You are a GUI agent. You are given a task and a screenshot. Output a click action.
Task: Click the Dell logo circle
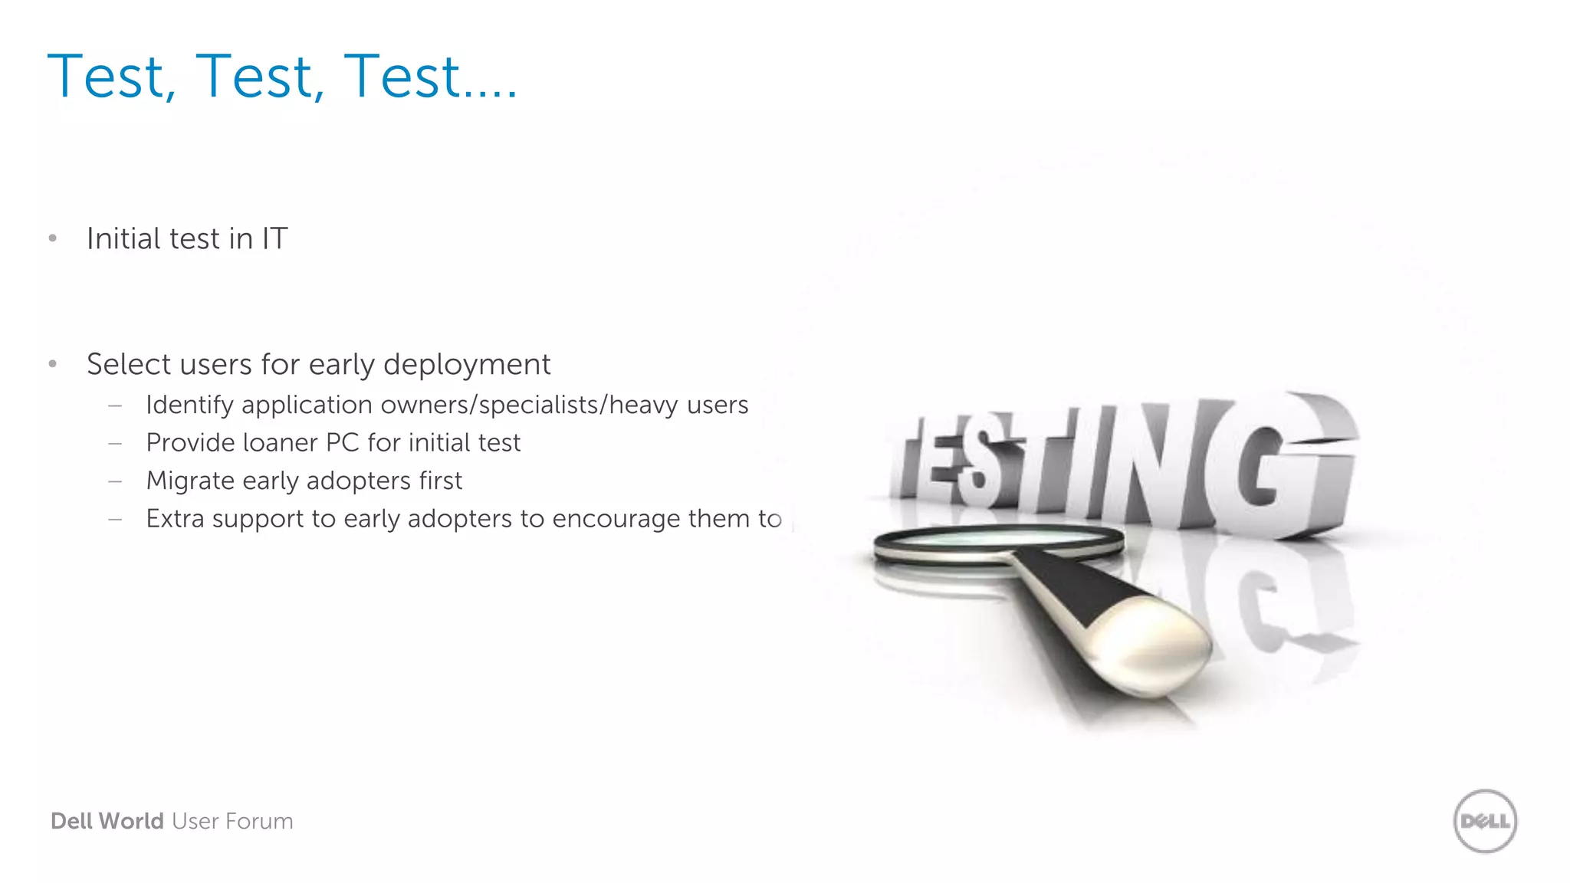1485,821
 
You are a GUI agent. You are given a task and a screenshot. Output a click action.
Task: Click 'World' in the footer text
130,821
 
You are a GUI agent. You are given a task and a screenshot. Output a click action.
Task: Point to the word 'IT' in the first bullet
274,238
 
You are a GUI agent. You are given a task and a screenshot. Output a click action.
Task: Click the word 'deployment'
467,365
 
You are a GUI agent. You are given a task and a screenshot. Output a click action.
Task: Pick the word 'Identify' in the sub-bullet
189,405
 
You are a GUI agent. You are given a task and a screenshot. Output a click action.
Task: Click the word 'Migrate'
190,481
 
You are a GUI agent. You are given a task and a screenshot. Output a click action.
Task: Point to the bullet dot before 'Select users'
53,364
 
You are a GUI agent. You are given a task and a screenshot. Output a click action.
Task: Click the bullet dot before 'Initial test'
53,238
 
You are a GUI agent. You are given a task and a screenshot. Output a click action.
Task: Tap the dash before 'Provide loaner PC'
116,443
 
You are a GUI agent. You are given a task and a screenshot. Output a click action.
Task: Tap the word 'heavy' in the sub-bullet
643,405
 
